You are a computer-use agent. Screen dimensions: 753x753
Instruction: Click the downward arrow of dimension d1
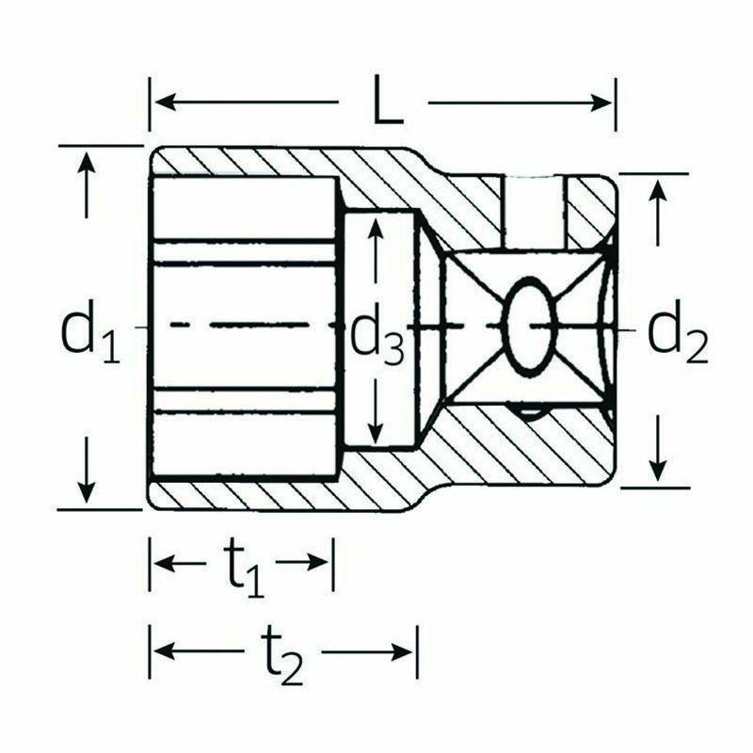87,489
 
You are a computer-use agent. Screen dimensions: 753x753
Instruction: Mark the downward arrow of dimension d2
659,467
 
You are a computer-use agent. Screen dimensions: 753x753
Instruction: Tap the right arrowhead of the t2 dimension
406,651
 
